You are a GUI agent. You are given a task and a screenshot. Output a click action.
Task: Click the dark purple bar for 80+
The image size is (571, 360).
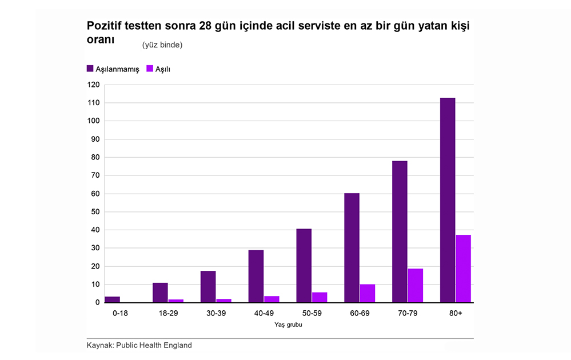tap(448, 200)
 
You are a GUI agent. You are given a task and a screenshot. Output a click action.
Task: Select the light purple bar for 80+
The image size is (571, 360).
tap(463, 269)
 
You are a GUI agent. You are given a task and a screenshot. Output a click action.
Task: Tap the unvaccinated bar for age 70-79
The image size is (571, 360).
tap(400, 231)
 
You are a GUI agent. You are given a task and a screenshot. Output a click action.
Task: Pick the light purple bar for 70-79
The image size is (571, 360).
tap(415, 285)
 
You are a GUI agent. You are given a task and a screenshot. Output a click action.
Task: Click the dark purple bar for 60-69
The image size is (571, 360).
tap(352, 247)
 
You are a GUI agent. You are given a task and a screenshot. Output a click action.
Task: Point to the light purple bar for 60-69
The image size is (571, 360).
tap(367, 293)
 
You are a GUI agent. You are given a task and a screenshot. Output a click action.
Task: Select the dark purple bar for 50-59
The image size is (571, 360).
tap(304, 265)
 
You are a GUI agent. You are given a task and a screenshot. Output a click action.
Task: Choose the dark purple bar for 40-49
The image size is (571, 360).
tap(256, 276)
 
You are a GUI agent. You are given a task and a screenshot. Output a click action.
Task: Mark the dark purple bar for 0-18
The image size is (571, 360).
tap(113, 299)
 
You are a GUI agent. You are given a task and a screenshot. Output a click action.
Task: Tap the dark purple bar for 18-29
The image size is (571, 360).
tap(160, 293)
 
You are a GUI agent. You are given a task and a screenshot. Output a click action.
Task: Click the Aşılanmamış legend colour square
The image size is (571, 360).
tap(90, 69)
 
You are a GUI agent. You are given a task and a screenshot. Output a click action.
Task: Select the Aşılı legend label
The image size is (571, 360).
tap(163, 69)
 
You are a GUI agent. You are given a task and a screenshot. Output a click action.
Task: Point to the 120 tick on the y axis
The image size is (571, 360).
tap(93, 85)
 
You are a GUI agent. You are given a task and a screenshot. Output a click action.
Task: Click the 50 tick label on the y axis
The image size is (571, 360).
tap(95, 212)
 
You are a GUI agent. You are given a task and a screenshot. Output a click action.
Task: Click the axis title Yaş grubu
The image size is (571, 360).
tap(288, 325)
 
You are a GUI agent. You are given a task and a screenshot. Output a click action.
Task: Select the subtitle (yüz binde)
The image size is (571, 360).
tap(162, 45)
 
